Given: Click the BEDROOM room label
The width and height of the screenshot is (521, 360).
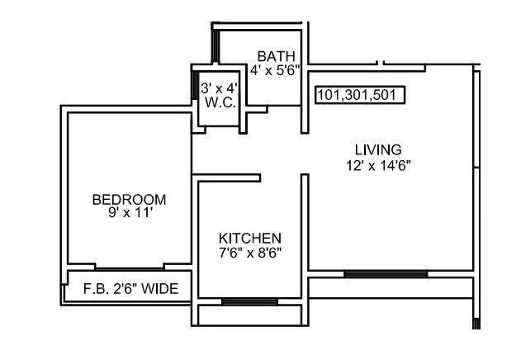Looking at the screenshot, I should click(129, 199).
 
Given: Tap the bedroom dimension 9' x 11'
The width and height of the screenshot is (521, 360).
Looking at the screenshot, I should click(129, 212).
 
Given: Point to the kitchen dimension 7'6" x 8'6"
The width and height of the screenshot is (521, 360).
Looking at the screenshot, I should click(249, 252).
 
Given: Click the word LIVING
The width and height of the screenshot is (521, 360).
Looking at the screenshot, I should click(377, 149).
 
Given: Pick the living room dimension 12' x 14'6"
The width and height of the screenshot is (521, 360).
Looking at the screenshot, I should click(377, 163).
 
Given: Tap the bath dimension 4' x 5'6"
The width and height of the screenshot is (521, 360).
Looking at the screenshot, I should click(272, 70).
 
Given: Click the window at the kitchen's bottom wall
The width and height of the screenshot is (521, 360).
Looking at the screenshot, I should click(249, 301).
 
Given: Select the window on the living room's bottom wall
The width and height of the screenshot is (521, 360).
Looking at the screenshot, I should click(385, 273).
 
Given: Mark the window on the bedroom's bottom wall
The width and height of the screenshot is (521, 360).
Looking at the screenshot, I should click(130, 268).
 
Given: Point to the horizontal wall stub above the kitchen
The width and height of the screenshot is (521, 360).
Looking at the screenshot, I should click(226, 177).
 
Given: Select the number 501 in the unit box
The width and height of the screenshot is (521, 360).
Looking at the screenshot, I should click(387, 95).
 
